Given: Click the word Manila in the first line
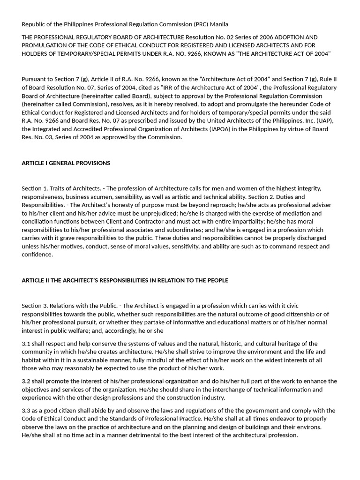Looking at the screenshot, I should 219,24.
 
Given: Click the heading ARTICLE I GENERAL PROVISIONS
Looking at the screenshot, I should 66,163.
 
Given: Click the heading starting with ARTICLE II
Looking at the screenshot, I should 125,280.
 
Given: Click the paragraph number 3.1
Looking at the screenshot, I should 26,344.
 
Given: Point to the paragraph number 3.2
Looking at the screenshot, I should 26,381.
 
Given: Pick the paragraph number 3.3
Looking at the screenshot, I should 26,411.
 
